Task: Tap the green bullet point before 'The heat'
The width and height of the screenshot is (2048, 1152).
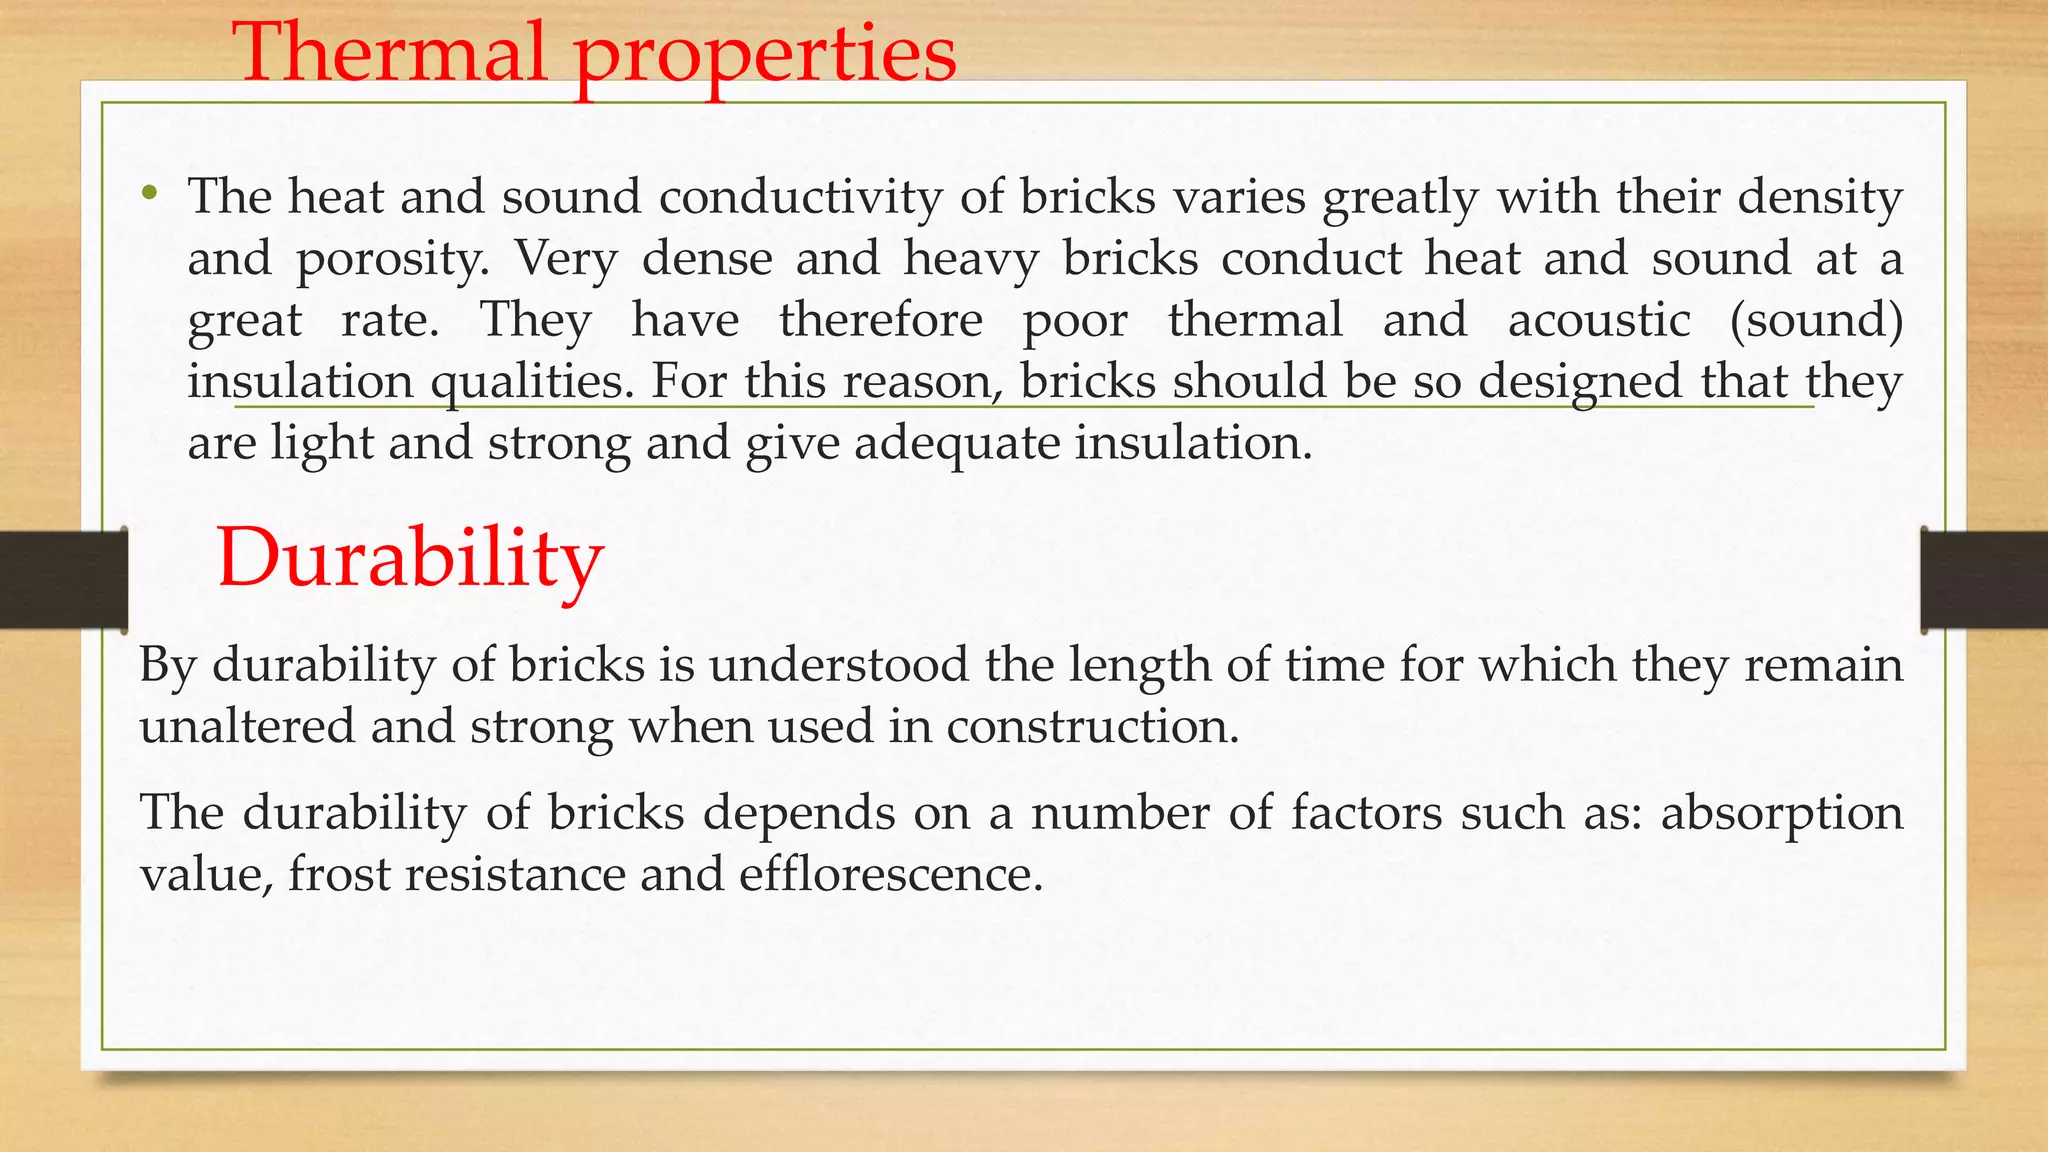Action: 150,193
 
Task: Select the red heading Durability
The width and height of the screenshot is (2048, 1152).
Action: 410,557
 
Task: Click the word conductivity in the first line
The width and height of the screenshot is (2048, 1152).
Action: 800,196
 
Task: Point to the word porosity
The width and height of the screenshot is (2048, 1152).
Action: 392,260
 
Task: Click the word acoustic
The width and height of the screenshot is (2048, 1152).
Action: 1598,320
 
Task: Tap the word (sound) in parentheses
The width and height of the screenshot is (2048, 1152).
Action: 1816,320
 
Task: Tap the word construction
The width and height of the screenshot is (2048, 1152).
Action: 1092,726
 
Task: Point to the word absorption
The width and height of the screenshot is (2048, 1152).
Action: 1781,813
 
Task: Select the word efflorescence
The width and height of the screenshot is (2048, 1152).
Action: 891,875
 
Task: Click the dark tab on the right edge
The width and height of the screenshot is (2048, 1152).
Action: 1984,580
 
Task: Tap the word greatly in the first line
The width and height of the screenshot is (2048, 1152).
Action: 1400,198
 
